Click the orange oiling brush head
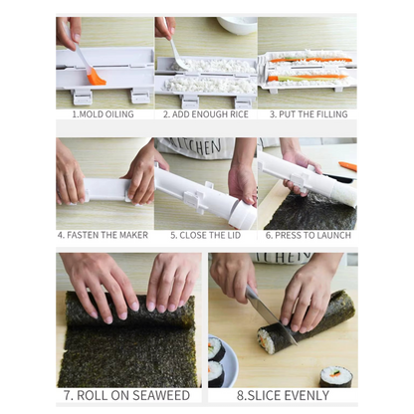point(97,76)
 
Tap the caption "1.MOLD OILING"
point(103,114)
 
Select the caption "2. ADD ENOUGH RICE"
point(205,114)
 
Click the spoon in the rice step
point(177,54)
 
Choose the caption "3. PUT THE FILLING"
point(308,114)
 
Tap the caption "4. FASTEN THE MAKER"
point(103,235)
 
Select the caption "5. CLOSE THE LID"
point(204,235)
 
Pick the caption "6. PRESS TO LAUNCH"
point(309,235)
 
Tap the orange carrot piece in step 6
point(348,165)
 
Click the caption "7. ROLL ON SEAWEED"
point(127,395)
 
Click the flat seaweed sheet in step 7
point(127,343)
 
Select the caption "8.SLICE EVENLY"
point(283,395)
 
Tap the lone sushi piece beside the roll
point(335,376)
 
